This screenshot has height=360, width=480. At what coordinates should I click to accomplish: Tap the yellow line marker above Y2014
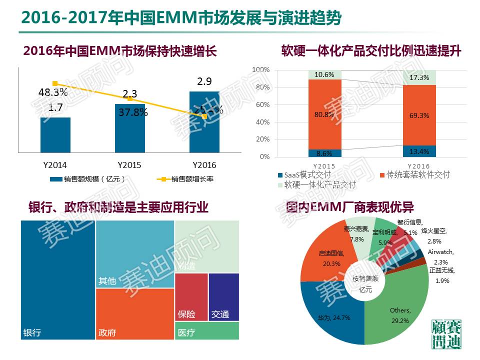55,83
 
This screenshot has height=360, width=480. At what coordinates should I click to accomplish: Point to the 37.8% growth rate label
133,112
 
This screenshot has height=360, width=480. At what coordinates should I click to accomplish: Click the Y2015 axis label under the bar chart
129,165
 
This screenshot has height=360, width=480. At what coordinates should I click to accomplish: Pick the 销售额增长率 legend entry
185,179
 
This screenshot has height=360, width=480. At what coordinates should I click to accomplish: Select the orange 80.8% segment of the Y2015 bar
324,114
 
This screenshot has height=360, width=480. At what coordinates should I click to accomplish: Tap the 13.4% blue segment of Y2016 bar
419,151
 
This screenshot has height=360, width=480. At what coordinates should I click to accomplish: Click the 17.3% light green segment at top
419,77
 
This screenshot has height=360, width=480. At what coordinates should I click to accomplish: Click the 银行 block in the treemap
57,280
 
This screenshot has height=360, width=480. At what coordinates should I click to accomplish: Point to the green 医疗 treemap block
206,331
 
